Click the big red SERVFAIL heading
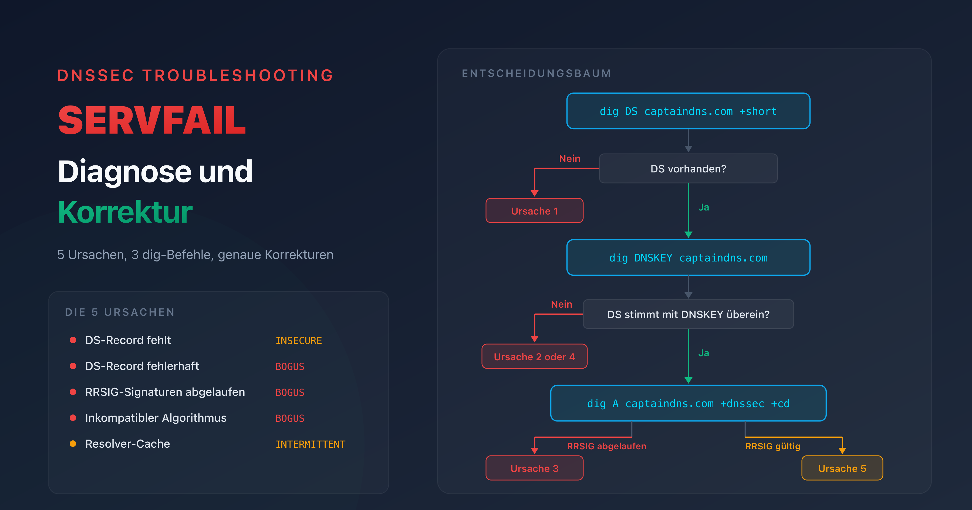coord(152,121)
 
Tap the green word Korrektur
coord(125,212)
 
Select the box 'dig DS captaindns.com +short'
coord(688,111)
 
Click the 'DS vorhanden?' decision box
coord(688,169)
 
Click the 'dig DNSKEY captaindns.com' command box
coord(688,258)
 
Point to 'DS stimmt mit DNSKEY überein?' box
coord(688,314)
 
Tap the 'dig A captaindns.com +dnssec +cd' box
coord(688,403)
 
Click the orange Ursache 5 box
coord(842,468)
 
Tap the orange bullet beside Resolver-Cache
coord(73,444)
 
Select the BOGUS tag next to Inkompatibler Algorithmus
coord(290,418)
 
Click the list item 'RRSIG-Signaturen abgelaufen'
coord(165,392)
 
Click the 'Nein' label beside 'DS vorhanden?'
coord(569,158)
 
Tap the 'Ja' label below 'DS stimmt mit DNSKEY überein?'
coord(703,353)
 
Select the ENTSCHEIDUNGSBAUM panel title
coord(536,73)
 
